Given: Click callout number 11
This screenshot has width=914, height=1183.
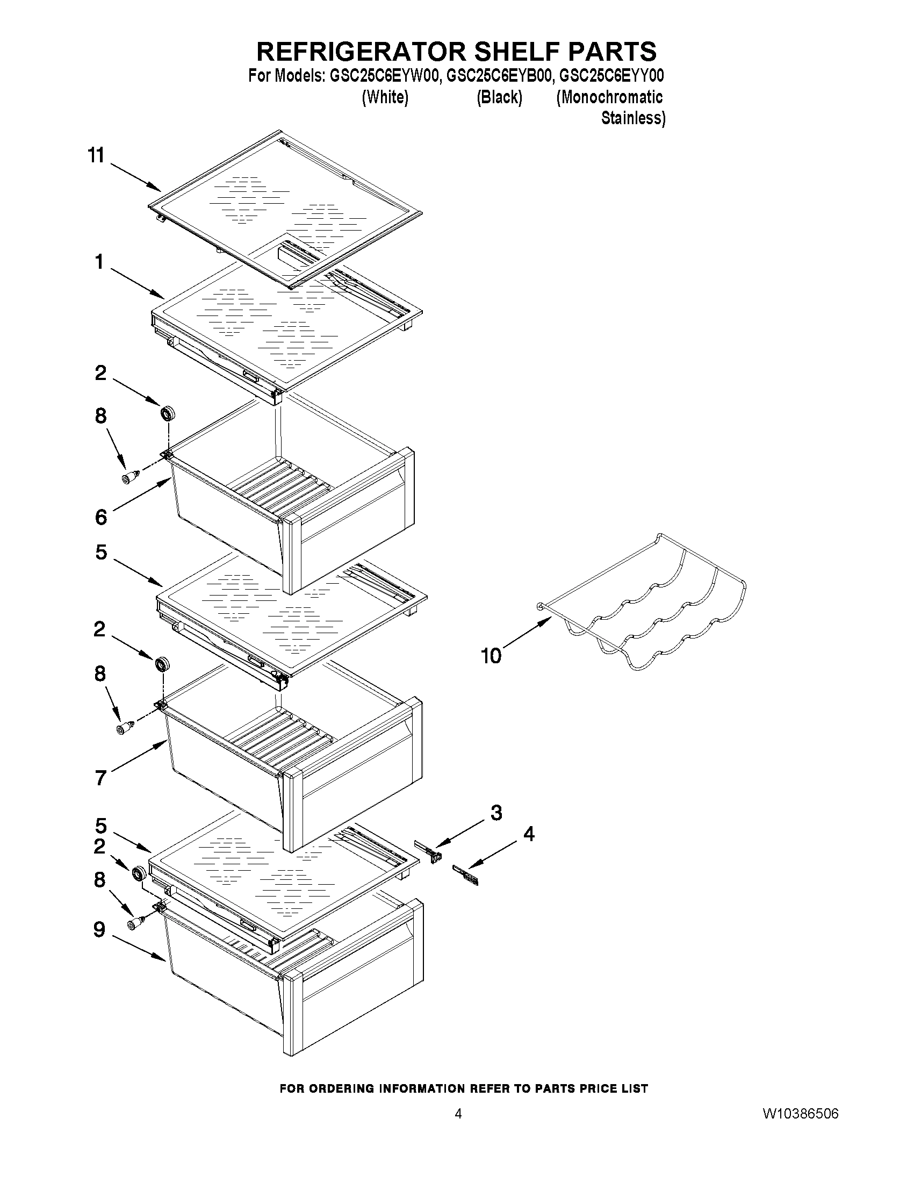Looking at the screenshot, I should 96,156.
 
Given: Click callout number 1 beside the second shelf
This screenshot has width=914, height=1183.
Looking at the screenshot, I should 99,262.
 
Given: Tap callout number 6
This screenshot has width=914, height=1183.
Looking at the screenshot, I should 100,517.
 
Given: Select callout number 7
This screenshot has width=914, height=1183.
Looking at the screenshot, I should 100,778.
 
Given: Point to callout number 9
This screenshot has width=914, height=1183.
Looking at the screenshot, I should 99,929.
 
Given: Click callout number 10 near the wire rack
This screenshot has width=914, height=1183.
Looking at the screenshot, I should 491,656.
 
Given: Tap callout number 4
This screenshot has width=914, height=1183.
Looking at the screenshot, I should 529,834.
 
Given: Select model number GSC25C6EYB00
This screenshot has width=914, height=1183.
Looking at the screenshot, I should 499,76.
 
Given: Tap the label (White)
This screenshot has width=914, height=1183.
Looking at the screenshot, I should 384,97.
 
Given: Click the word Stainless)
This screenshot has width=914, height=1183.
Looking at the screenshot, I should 632,118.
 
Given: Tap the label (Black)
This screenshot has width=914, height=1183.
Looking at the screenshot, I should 499,97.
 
